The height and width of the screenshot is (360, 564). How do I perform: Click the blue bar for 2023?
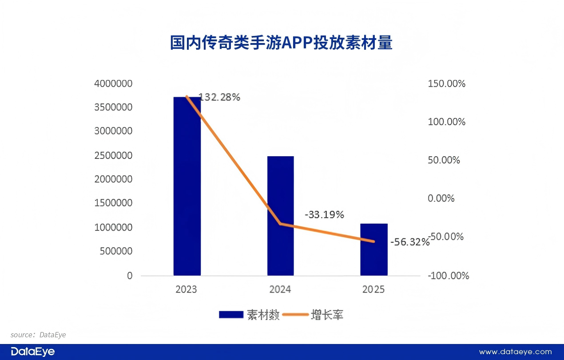click(187, 186)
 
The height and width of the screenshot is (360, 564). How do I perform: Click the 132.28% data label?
click(219, 97)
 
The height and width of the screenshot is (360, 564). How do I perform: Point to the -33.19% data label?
click(324, 215)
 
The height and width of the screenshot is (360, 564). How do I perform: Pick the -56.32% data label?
click(410, 242)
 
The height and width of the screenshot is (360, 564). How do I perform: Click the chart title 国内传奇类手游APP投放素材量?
click(282, 43)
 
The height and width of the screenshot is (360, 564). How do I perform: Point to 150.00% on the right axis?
click(446, 83)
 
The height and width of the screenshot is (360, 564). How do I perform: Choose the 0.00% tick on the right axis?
click(441, 198)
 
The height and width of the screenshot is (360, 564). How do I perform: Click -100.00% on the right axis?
click(448, 276)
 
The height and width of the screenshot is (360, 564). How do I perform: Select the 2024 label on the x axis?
click(280, 289)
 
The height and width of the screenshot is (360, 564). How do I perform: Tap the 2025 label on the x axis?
click(373, 289)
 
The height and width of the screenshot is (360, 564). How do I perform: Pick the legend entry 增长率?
click(327, 315)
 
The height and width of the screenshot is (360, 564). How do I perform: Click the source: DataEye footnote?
click(38, 335)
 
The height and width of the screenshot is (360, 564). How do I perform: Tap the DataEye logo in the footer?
click(33, 352)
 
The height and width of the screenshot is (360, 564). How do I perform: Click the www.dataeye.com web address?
click(515, 352)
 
